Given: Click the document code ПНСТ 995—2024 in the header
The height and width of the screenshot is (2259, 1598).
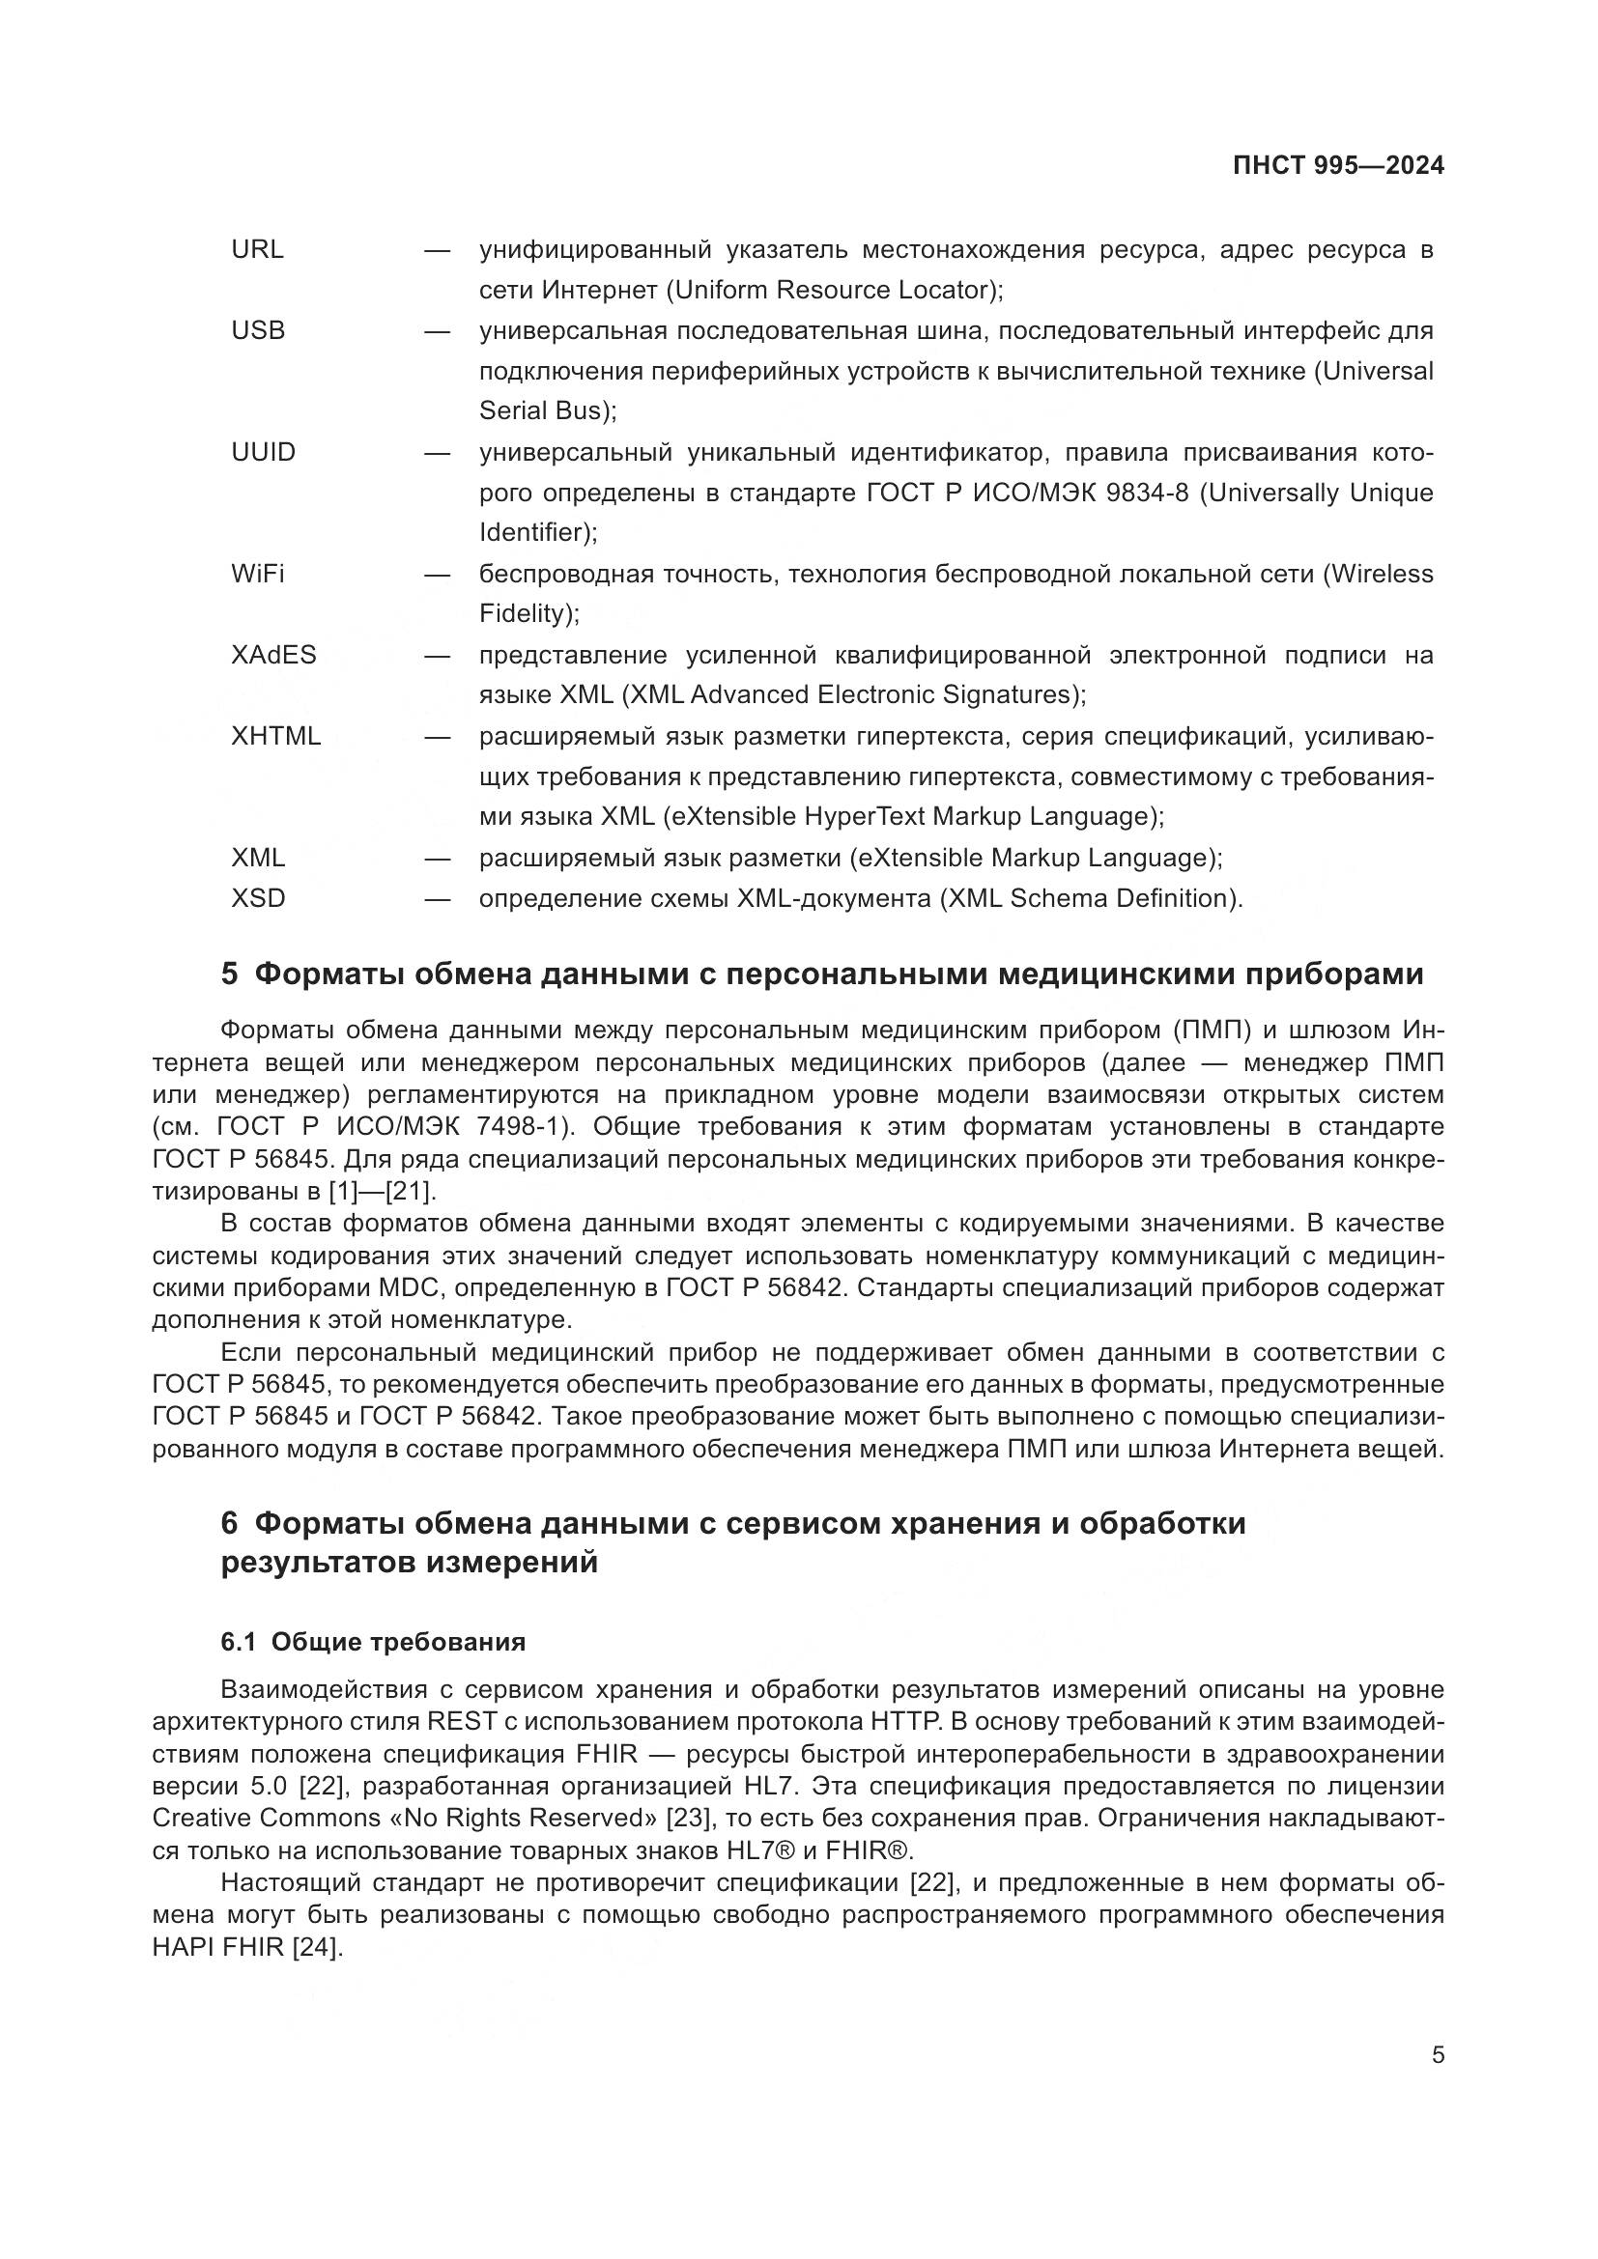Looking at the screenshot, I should [1338, 165].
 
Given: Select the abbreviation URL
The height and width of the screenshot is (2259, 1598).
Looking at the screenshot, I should [257, 250].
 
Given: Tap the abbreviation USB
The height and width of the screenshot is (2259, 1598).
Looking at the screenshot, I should [258, 330].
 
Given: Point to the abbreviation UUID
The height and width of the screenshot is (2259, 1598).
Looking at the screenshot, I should [263, 453].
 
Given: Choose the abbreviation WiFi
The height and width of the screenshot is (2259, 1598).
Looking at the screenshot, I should [258, 574].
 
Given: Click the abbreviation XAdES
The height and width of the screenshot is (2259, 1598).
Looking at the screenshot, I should [273, 655].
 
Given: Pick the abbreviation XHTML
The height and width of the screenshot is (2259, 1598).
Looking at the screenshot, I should [275, 737].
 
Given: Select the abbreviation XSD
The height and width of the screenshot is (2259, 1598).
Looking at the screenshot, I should [258, 898].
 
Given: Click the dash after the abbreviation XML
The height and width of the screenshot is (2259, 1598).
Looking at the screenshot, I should [437, 858].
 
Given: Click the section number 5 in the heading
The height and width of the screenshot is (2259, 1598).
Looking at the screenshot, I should [229, 974].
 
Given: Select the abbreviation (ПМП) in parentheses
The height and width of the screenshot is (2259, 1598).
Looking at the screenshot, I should [1212, 1031].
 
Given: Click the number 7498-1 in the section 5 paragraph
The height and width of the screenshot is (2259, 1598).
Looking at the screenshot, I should [522, 1126].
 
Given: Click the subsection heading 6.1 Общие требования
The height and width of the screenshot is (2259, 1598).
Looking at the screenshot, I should [373, 1642].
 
